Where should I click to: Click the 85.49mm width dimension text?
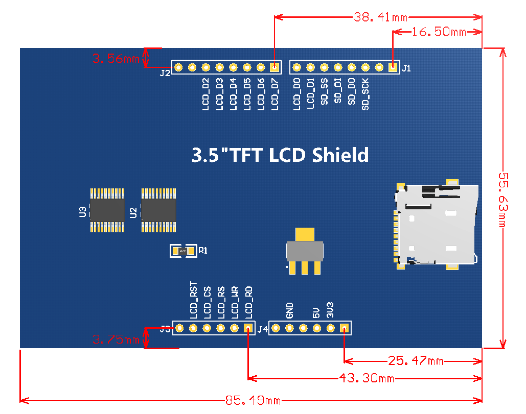click(253, 400)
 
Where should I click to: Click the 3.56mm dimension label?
click(116, 58)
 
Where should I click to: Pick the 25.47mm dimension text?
click(416, 361)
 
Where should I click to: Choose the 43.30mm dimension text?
click(366, 378)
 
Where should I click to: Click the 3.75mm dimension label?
click(116, 339)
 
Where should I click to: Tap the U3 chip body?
click(107, 210)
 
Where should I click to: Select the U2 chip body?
click(158, 210)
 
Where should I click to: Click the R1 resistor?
click(183, 251)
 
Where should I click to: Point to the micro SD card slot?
click(437, 225)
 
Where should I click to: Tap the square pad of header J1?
click(393, 67)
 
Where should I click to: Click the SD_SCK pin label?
click(365, 94)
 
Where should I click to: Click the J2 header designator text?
click(165, 73)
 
